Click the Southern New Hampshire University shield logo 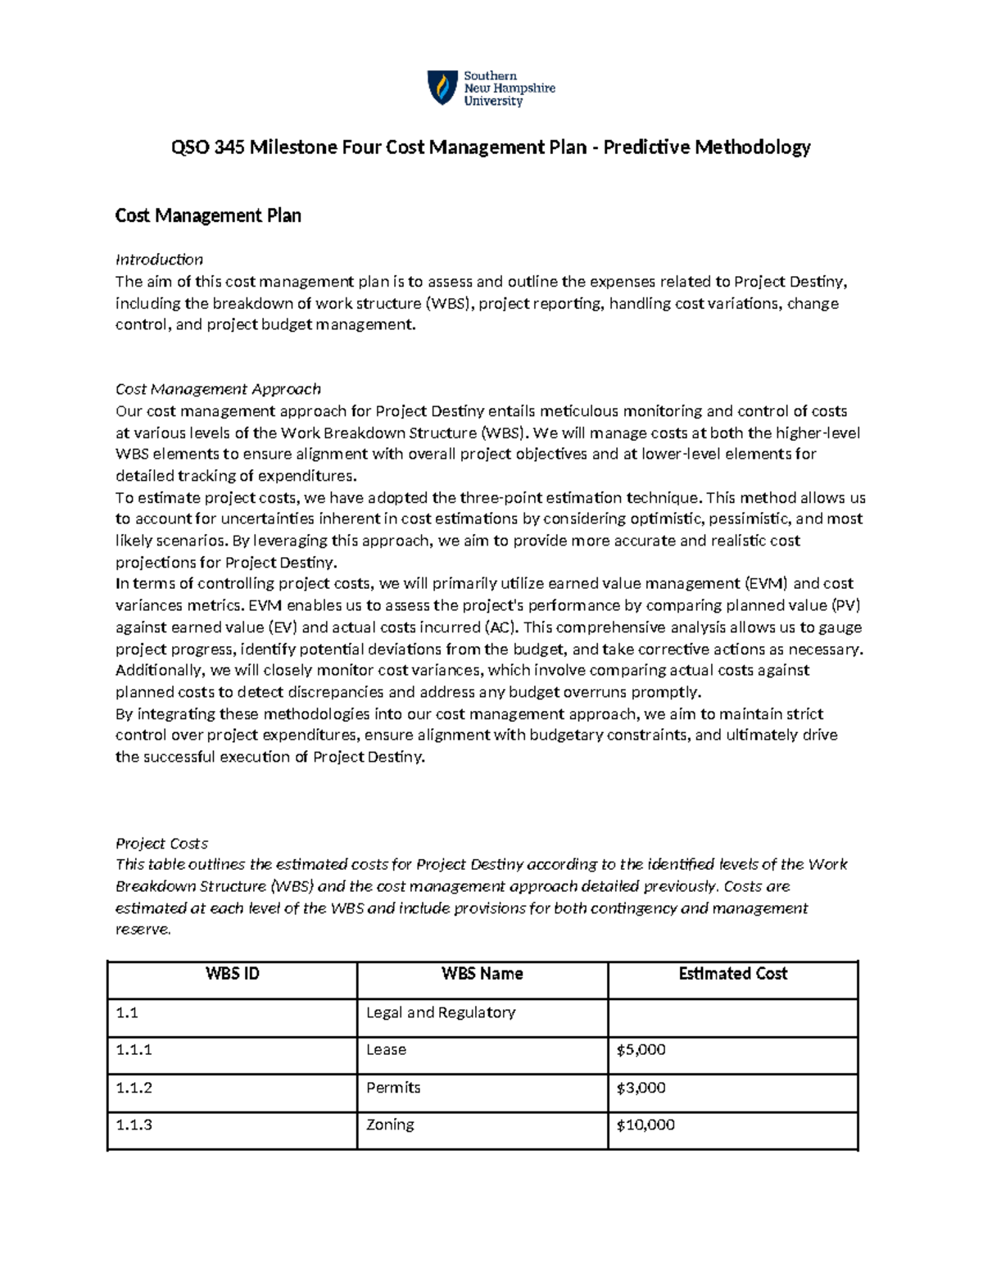tap(442, 88)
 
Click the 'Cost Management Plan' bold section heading tap(208, 215)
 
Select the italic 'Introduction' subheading tap(159, 260)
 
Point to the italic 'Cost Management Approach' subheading tap(218, 389)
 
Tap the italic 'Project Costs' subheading tap(161, 843)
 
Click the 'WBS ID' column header tap(233, 974)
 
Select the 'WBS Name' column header tap(482, 974)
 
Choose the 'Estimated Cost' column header tap(732, 974)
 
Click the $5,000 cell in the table tap(641, 1050)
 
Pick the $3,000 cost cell tap(641, 1088)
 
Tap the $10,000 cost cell tap(645, 1125)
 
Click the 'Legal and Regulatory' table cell tap(441, 1012)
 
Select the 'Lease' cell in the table tap(386, 1050)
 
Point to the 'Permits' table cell tap(393, 1088)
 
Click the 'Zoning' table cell tap(390, 1125)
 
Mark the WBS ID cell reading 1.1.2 tap(134, 1088)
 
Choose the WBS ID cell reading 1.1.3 tap(134, 1125)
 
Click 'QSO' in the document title tap(189, 147)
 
